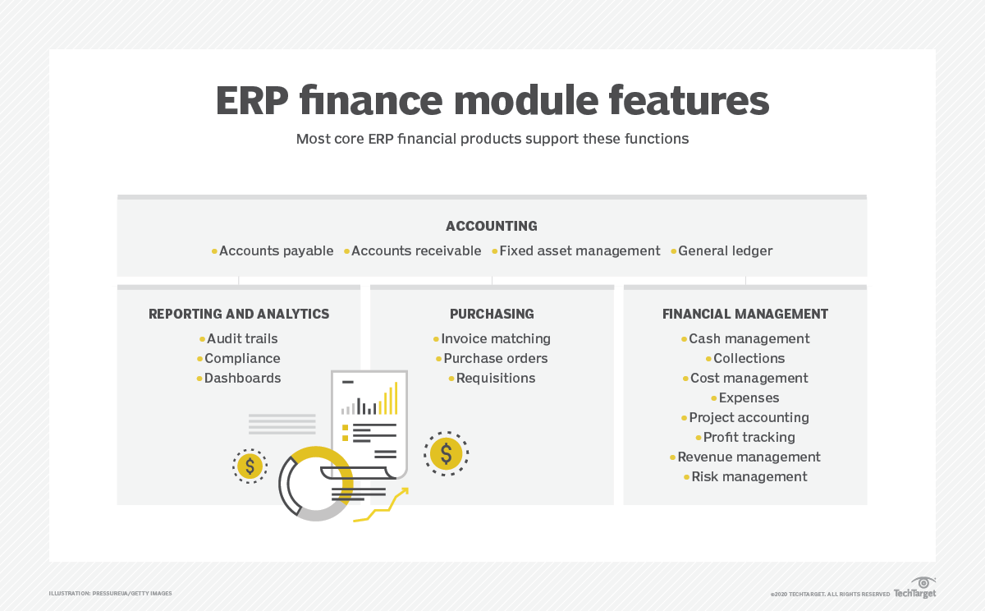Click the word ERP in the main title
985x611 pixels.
click(252, 101)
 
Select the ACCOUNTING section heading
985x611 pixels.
click(492, 226)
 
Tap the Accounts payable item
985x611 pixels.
click(276, 250)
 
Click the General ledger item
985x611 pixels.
click(725, 250)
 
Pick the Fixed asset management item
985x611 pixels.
click(580, 250)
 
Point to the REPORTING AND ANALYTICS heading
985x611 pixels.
click(239, 314)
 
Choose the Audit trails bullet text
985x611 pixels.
click(242, 338)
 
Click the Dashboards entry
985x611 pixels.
click(242, 379)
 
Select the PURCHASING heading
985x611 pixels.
click(492, 314)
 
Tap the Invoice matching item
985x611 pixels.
click(496, 338)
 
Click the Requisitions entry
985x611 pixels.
click(496, 379)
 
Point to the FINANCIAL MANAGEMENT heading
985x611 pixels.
click(745, 314)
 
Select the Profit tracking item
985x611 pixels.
click(749, 437)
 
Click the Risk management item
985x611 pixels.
click(749, 477)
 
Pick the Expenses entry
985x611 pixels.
click(749, 398)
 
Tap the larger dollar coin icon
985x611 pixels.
click(446, 453)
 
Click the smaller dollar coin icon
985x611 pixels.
click(250, 466)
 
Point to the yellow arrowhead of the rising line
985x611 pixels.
click(405, 491)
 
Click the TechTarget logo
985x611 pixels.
click(915, 588)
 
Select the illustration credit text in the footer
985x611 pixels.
click(110, 594)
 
